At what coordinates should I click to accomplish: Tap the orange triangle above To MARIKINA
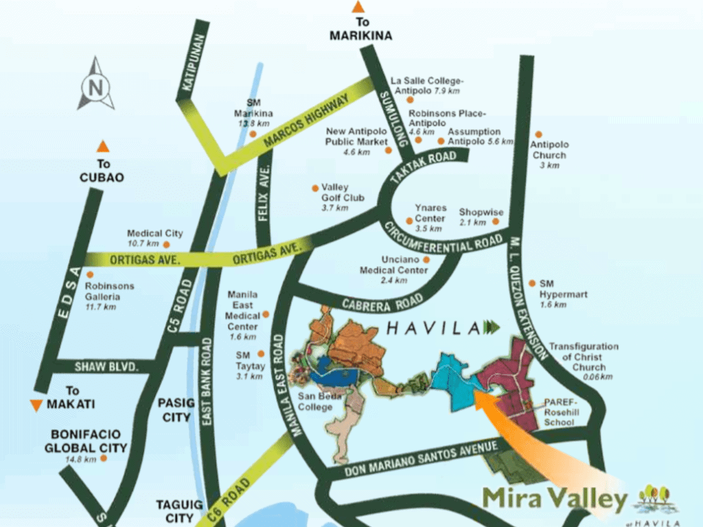coord(358,8)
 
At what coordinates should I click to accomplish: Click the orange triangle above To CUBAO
coord(103,146)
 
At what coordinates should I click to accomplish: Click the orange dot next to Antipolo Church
coord(539,134)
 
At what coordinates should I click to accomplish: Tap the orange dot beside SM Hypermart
coord(533,283)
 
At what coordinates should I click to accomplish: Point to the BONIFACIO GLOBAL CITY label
coord(89,441)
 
